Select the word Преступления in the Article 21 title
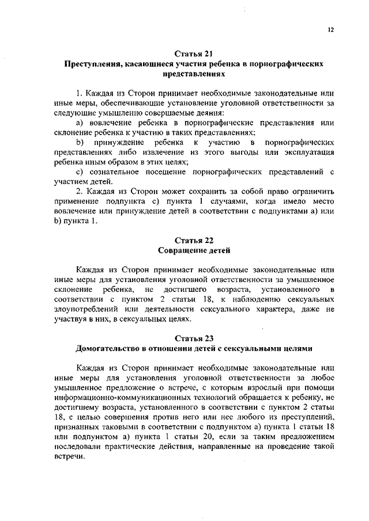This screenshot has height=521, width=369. pos(93,64)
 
